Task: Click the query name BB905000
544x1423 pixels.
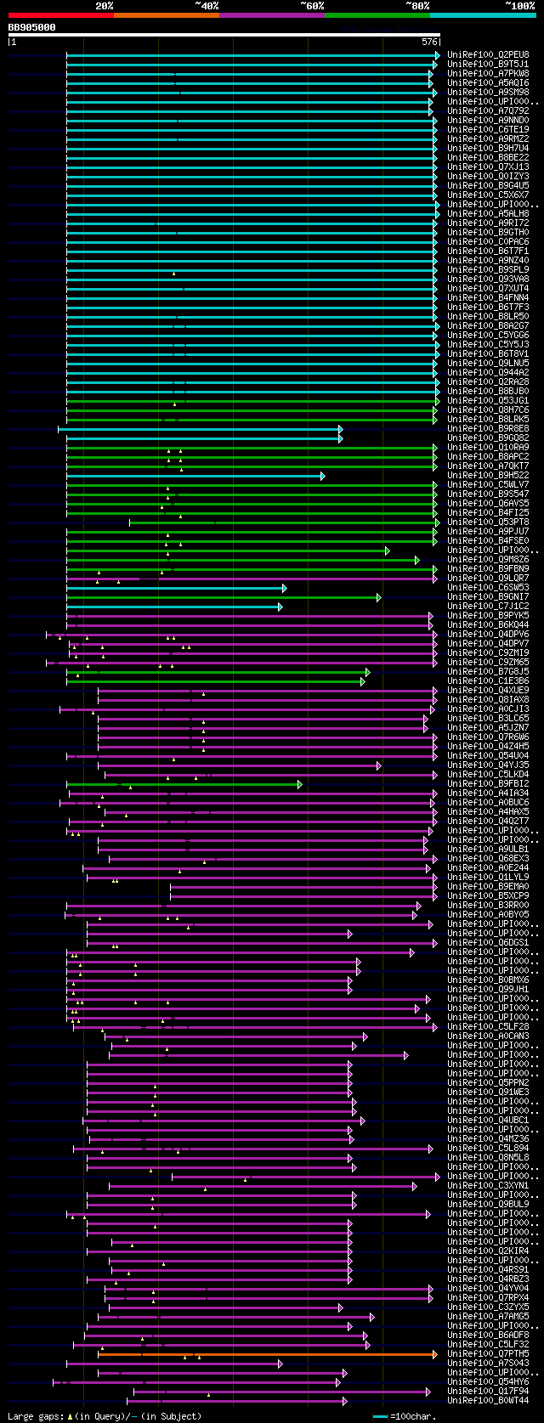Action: [x=32, y=27]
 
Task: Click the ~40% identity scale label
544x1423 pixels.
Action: [x=207, y=6]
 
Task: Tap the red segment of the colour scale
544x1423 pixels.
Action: [x=60, y=15]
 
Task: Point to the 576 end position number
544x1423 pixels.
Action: [x=429, y=42]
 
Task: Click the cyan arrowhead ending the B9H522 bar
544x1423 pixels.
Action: [x=322, y=476]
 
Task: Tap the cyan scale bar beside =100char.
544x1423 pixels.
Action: [x=380, y=1416]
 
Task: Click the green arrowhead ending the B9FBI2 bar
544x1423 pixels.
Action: [x=300, y=784]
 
